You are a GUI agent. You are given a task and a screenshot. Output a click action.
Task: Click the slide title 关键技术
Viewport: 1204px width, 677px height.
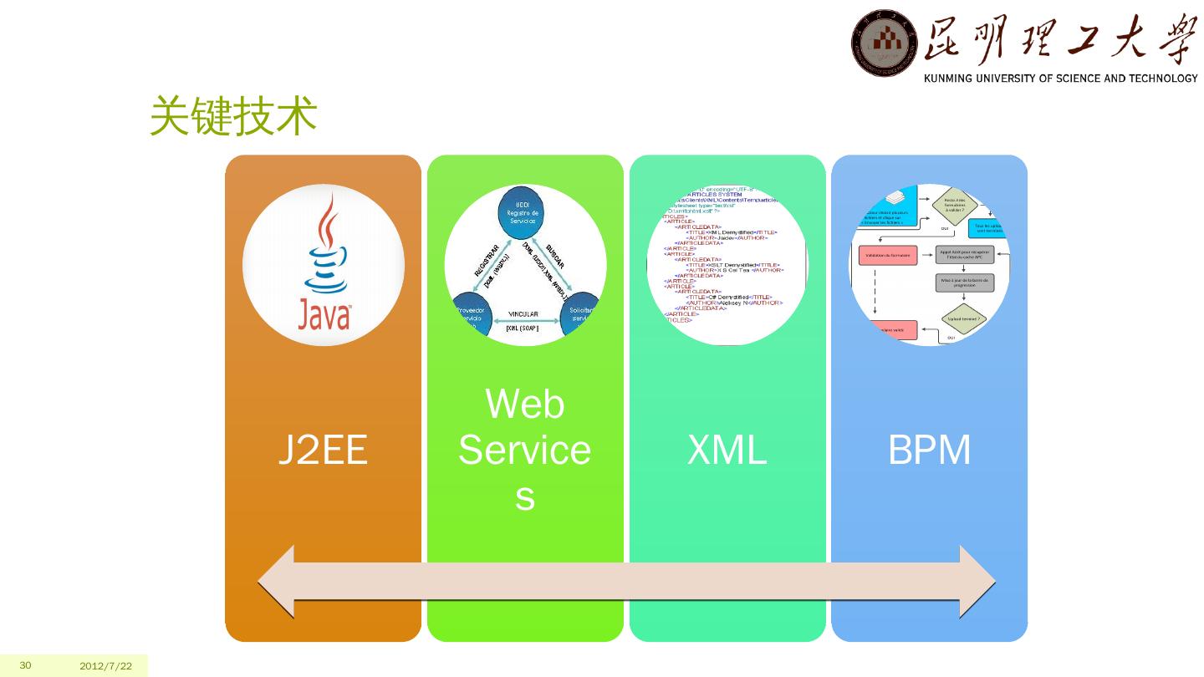point(233,117)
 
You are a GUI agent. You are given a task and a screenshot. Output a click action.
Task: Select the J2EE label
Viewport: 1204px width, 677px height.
point(323,450)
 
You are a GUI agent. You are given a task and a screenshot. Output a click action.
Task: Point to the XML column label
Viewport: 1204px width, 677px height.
point(727,450)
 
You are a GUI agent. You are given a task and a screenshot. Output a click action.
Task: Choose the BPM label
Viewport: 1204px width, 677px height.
point(929,450)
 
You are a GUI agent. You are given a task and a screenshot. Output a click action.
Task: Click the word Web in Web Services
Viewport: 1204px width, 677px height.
point(525,405)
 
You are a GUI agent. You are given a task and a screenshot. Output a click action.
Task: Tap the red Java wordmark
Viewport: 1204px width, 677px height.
point(324,316)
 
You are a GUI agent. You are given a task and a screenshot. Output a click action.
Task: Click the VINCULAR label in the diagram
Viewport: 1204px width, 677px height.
point(523,314)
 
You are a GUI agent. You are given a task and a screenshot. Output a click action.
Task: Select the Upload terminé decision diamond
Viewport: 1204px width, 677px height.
point(964,318)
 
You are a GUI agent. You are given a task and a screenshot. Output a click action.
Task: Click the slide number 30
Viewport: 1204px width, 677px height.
point(25,665)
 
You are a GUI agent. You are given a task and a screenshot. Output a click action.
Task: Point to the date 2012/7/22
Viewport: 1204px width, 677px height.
point(106,666)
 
